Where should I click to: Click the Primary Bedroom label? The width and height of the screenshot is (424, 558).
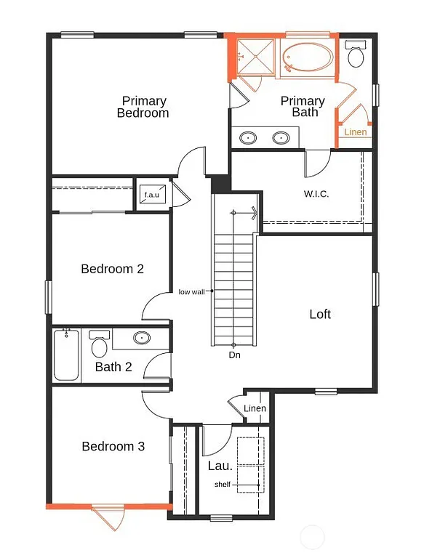point(143,107)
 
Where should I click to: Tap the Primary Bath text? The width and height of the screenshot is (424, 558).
point(303,106)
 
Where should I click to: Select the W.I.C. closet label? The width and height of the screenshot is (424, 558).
point(318,194)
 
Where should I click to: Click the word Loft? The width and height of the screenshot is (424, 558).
point(320,314)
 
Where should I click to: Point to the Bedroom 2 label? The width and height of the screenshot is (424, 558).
point(112,269)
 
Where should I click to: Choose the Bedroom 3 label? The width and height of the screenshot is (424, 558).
point(113,446)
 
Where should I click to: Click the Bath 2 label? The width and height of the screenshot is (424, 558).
point(113,367)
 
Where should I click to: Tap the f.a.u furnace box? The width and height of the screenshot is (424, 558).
point(152,195)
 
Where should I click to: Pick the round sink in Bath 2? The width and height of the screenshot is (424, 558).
point(142,338)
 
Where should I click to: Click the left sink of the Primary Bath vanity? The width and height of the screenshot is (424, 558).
point(249,137)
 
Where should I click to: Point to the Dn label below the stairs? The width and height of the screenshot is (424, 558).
point(234,355)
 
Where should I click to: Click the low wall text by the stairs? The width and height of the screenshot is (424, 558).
point(193,292)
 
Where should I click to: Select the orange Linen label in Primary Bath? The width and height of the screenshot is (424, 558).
point(356,132)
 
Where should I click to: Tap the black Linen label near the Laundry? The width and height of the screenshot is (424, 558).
point(255,408)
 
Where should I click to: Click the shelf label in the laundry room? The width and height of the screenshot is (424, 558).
point(222,485)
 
